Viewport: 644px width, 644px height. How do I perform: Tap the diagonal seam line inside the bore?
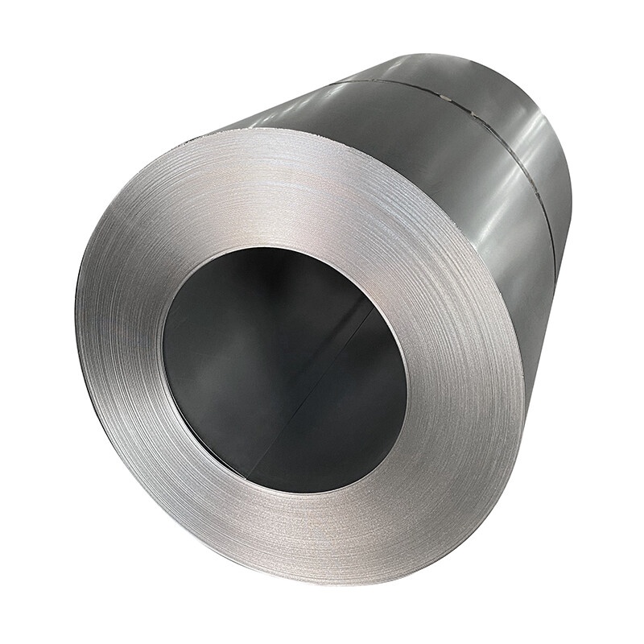pyautogui.click(x=322, y=370)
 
